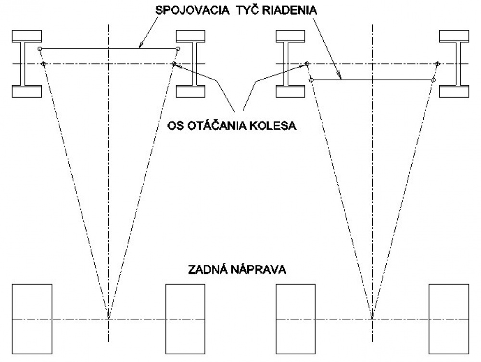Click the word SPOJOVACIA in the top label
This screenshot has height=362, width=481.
(x=192, y=11)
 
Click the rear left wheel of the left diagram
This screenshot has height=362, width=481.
(x=32, y=319)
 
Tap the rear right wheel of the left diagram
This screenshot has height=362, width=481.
(x=185, y=319)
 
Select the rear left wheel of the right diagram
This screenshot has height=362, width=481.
(x=296, y=319)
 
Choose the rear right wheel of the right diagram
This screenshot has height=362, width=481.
(x=449, y=319)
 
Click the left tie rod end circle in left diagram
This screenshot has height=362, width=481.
(x=39, y=49)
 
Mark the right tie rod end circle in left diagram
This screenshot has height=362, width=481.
(x=178, y=49)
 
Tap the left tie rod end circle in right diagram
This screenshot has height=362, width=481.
(x=311, y=80)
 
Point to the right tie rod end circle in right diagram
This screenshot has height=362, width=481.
(x=433, y=80)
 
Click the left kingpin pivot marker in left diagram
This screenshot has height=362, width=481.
(x=43, y=64)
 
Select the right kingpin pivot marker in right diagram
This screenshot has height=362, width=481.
(x=438, y=64)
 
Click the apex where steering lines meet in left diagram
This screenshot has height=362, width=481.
(x=108, y=319)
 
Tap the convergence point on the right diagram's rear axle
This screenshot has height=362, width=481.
(x=372, y=319)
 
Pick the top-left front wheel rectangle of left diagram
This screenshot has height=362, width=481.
(x=26, y=36)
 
